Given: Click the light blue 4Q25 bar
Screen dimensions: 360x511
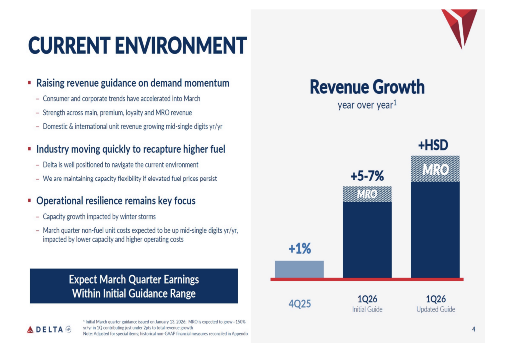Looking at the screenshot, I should (299, 269).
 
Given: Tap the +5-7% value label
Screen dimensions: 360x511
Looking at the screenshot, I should (367, 176).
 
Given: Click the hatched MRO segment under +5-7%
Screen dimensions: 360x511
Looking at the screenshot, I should (367, 194).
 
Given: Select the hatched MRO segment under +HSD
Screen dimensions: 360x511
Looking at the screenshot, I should (435, 169).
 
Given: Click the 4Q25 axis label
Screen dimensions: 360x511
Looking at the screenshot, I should (299, 303).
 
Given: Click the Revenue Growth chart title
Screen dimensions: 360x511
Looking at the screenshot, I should (367, 87).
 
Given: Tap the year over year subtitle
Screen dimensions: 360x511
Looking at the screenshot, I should (367, 106).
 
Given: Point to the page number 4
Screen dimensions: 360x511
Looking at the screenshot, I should (473, 329).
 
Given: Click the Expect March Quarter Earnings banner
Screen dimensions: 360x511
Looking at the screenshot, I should (134, 286).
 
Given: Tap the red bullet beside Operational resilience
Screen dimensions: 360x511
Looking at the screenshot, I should (30, 201).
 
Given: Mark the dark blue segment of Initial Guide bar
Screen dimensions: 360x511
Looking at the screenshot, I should (367, 239).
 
